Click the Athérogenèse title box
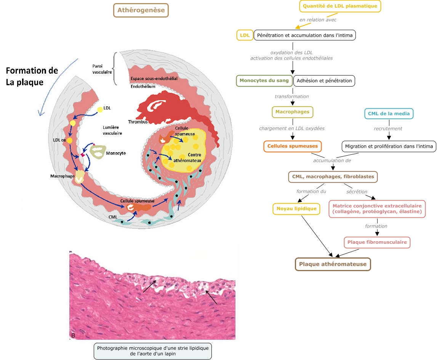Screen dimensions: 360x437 (x=141, y=10)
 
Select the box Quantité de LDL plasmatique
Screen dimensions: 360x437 (x=340, y=6)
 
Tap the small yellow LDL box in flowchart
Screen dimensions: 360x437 (x=244, y=35)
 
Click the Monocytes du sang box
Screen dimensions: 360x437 (x=264, y=81)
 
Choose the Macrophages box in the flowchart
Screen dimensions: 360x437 (x=292, y=112)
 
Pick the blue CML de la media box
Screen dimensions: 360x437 (x=389, y=113)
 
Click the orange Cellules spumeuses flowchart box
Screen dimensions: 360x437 (x=292, y=146)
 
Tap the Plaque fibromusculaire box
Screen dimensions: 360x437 (x=377, y=242)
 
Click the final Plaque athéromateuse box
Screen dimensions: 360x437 (x=333, y=264)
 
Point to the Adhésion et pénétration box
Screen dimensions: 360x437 (x=324, y=81)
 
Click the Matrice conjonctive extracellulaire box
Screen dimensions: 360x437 (x=377, y=209)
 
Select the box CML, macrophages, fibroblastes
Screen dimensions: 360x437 (x=333, y=177)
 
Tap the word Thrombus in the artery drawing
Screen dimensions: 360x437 (x=138, y=122)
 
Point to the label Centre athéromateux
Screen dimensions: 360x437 (x=187, y=158)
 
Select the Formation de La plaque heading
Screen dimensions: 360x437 (x=32, y=76)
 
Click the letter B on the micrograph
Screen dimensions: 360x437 (x=73, y=335)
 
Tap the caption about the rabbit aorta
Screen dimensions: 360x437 (x=152, y=351)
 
